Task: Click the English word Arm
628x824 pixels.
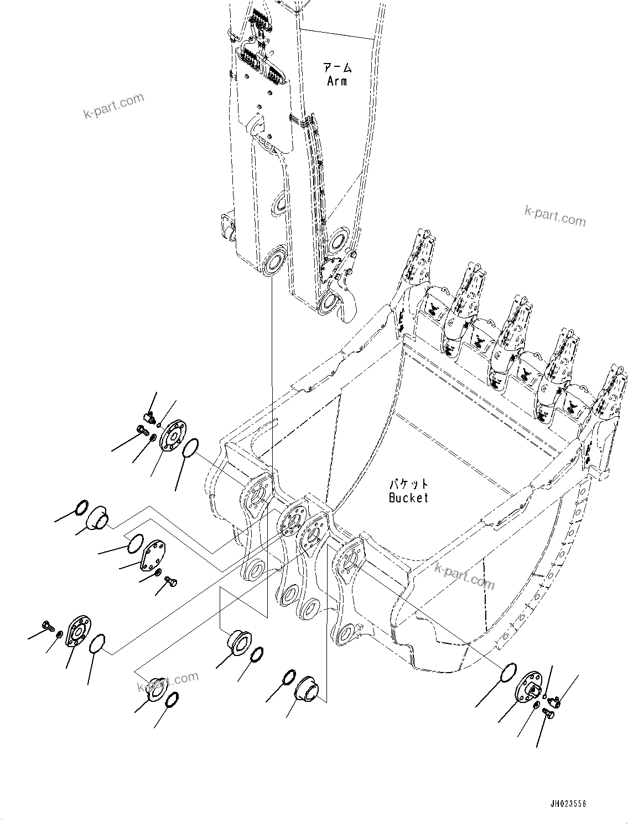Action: pos(337,81)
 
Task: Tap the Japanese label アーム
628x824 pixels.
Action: pos(337,69)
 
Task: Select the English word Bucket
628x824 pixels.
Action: pos(408,498)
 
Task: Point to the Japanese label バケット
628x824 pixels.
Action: pos(408,485)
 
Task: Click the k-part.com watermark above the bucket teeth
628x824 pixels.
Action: pos(554,216)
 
